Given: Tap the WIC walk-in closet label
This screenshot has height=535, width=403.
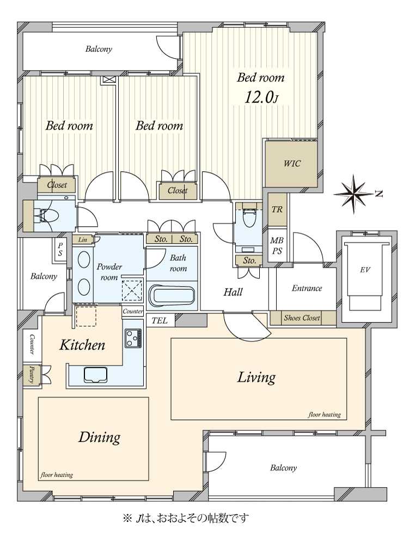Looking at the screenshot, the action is (x=292, y=164).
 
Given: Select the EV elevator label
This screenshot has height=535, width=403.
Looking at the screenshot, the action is (x=365, y=270).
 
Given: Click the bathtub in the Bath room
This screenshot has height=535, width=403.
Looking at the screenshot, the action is (x=172, y=296).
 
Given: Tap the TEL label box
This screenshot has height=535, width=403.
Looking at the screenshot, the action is (x=160, y=321).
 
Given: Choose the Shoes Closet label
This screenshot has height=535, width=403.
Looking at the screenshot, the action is (x=302, y=318).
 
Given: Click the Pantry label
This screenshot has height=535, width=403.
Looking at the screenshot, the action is (x=32, y=375).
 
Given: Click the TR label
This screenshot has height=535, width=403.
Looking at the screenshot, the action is (x=277, y=209).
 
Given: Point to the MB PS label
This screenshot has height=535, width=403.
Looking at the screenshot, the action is (x=277, y=246).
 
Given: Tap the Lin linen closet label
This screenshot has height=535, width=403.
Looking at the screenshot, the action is (x=82, y=240).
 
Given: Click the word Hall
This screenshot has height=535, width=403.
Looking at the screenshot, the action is (x=233, y=292).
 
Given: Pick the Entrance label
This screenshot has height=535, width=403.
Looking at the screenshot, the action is (x=307, y=288).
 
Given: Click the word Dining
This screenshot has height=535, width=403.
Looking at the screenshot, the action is (x=100, y=438).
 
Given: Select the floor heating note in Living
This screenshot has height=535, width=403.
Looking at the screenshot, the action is (x=325, y=414).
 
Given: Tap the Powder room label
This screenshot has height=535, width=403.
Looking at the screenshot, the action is (x=109, y=272).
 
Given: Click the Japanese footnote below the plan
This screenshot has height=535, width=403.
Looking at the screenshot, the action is (x=186, y=519).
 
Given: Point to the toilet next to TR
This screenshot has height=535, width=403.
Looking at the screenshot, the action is (x=248, y=217).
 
